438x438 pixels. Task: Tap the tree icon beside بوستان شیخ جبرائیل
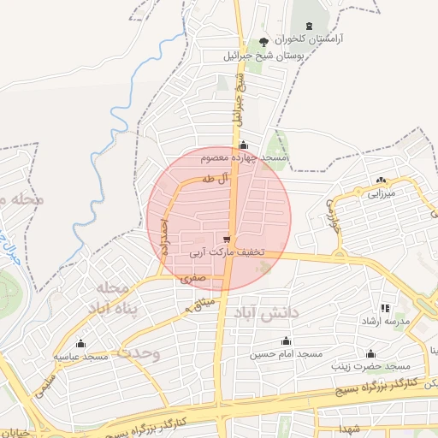click(x=263, y=42)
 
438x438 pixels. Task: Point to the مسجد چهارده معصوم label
click(x=246, y=159)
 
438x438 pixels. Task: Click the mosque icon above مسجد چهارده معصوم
click(x=245, y=145)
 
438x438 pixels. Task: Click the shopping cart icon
click(x=226, y=240)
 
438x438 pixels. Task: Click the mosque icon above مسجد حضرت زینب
click(x=370, y=353)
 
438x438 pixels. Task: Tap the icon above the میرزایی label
click(x=381, y=181)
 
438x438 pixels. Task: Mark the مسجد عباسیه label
click(x=81, y=356)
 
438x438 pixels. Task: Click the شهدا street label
click(x=349, y=427)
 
